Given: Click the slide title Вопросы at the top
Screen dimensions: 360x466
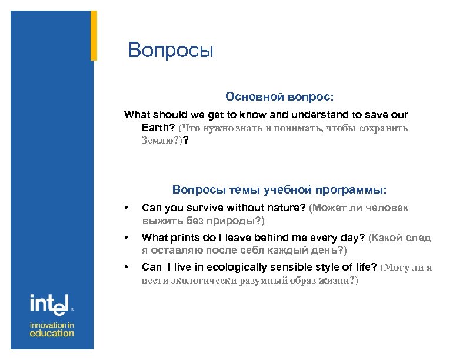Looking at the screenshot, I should click(x=171, y=51).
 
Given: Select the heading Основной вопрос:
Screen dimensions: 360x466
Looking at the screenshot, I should click(x=279, y=96).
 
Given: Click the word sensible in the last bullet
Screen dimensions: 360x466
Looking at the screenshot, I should click(x=291, y=268).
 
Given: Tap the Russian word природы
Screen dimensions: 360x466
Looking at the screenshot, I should click(x=235, y=221).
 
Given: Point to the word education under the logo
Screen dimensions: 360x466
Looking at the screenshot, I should click(x=52, y=334).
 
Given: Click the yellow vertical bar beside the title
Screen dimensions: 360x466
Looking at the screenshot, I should click(x=94, y=35).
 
